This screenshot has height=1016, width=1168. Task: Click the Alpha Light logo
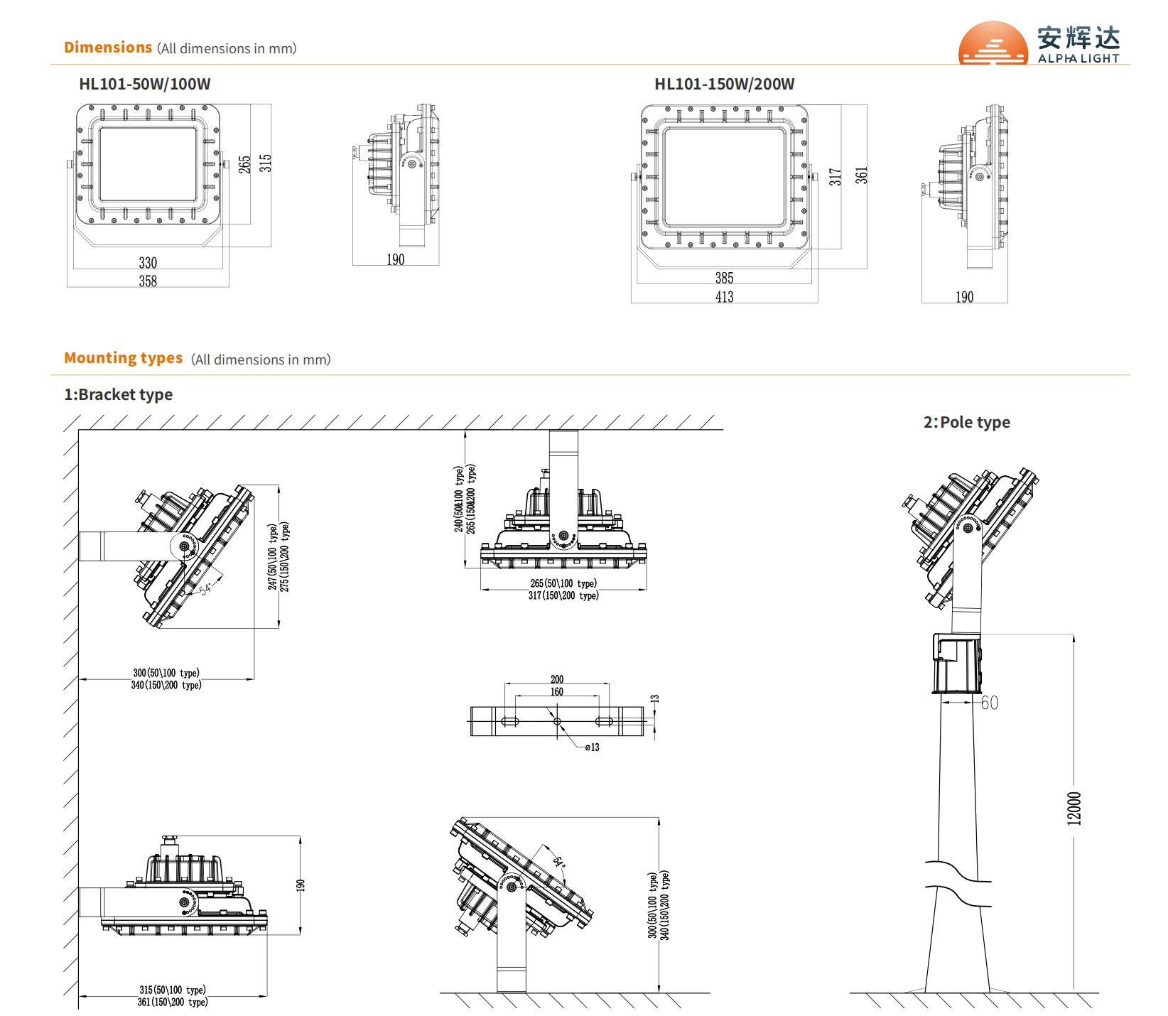[1039, 43]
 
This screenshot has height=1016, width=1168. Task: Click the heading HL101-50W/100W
[144, 84]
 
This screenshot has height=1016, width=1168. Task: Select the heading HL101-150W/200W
[724, 84]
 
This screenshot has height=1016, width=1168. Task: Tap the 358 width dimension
[148, 281]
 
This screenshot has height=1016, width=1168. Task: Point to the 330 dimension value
[148, 263]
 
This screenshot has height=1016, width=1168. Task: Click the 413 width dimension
[724, 297]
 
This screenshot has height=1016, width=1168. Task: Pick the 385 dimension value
[724, 278]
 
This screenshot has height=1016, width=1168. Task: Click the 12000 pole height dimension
[1074, 808]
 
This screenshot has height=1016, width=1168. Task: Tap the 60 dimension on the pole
[989, 703]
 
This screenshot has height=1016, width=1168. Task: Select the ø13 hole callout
[592, 747]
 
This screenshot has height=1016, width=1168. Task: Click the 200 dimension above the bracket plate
[557, 679]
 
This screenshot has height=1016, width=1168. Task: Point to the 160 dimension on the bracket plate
[557, 691]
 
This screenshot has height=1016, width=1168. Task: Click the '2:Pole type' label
[966, 422]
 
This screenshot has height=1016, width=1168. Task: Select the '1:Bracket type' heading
[119, 394]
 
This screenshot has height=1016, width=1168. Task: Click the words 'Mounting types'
[123, 358]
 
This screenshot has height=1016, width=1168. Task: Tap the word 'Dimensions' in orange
[108, 48]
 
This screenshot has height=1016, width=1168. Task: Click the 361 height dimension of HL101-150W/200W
[861, 175]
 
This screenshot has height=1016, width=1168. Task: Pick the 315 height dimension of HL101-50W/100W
[265, 163]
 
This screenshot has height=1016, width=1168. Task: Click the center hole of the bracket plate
[557, 721]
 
